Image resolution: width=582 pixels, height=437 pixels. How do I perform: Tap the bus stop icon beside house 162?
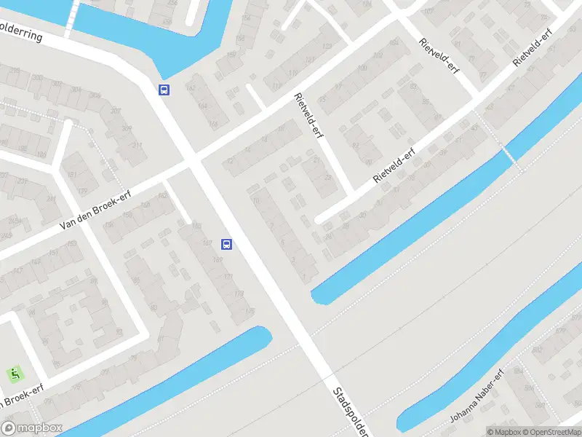(x=165, y=90)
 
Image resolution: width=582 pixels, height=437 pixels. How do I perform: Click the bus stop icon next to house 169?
(x=227, y=245)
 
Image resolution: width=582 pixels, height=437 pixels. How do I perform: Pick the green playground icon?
(x=15, y=374)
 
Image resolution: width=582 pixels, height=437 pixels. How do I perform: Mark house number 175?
(x=250, y=311)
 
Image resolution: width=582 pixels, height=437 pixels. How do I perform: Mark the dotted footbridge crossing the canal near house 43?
(x=510, y=155)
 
